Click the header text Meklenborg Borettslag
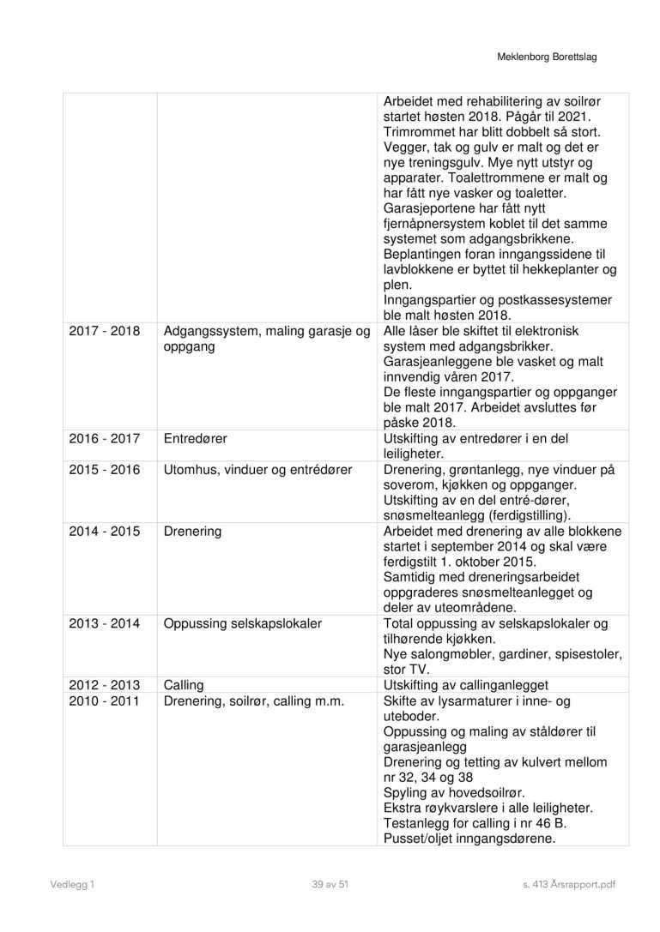coord(547,57)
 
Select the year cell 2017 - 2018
coord(104,331)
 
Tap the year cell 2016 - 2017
coord(104,438)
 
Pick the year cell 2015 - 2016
coord(104,470)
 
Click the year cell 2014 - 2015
coord(104,532)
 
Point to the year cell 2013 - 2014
coord(104,623)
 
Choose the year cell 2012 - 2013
coord(104,685)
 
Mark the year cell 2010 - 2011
coord(104,701)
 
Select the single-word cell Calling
coord(184,685)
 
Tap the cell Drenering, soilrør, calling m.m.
coord(253,701)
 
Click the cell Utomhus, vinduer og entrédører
coord(257,470)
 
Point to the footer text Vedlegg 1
coord(71,884)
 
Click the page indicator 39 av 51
coord(330,884)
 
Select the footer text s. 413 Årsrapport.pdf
coord(569,884)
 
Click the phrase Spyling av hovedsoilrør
coord(453,792)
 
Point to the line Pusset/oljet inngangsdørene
coord(469,839)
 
